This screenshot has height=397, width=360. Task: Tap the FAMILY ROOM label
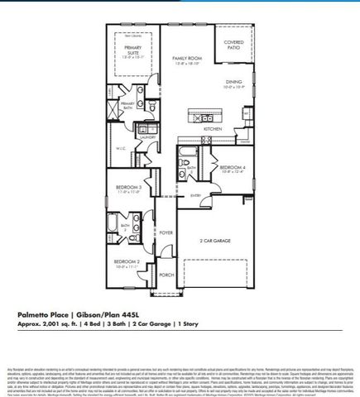point(187,60)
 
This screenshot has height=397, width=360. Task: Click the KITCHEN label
point(213,130)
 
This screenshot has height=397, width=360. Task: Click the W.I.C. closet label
point(119,150)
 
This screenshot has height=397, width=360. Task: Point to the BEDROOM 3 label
point(127,189)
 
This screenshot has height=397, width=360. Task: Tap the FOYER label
point(166,234)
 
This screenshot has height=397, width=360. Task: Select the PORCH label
point(166,275)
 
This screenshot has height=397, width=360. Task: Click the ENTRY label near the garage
point(195,195)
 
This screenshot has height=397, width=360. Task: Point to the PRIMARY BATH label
point(127,105)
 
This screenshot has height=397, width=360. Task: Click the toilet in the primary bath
point(155,108)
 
